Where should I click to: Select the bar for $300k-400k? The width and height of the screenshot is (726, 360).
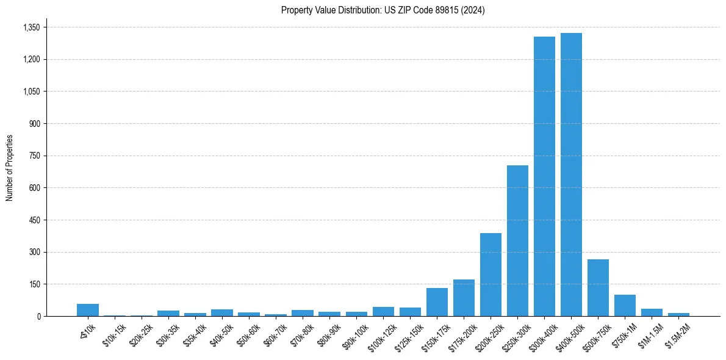[x=544, y=176]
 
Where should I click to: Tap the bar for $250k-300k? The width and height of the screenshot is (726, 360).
[x=517, y=240]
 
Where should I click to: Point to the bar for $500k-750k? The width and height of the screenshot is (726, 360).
[x=598, y=287]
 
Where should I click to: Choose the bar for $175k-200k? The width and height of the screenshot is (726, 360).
[x=464, y=298]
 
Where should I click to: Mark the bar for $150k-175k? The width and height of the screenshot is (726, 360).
[x=437, y=302]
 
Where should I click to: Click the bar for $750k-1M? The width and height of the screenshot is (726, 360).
[x=625, y=305]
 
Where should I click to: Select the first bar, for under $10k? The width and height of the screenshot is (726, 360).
[x=88, y=310]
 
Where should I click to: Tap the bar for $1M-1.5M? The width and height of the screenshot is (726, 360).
[x=652, y=312]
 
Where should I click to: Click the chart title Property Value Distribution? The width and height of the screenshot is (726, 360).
[x=383, y=10]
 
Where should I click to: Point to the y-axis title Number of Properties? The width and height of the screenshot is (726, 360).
[x=10, y=168]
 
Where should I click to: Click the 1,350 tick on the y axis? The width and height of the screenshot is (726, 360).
[x=31, y=27]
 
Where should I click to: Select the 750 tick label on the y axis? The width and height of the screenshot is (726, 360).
[x=34, y=156]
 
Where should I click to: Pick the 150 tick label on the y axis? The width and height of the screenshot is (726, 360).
[x=34, y=284]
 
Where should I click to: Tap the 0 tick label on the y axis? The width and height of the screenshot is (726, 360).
[x=38, y=316]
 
